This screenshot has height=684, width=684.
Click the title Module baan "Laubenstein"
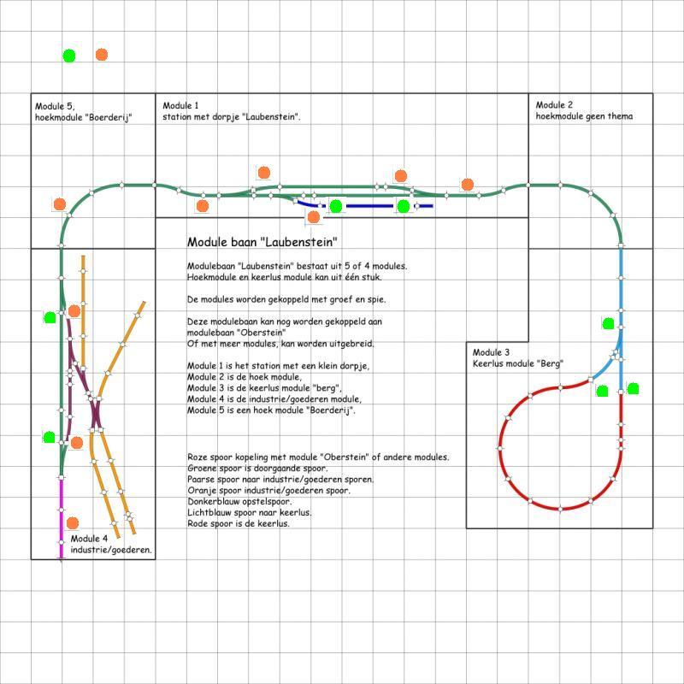point(262,242)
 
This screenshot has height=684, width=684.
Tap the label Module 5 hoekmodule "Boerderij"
point(83,112)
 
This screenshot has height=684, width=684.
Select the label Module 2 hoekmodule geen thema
point(584,110)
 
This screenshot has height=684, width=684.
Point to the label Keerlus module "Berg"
point(518,363)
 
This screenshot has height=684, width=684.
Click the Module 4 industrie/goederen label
point(111,544)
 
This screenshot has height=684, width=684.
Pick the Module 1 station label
point(232,111)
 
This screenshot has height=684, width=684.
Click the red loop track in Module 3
point(500,448)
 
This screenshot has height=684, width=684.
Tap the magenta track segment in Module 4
point(61,518)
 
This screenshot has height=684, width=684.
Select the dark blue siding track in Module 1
point(364,206)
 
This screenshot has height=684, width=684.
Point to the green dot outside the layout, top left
point(69,56)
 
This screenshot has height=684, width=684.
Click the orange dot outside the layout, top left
point(101,55)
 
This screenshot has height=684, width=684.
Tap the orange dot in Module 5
point(59,203)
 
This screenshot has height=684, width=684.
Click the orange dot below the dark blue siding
point(313,217)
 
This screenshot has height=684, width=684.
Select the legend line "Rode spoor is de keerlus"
point(239,523)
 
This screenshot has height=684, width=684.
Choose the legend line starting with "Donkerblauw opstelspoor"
point(239,501)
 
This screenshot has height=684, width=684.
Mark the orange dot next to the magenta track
point(73,522)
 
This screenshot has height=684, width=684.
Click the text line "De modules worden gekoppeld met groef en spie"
point(286,300)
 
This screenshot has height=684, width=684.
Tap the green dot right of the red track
point(633,388)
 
